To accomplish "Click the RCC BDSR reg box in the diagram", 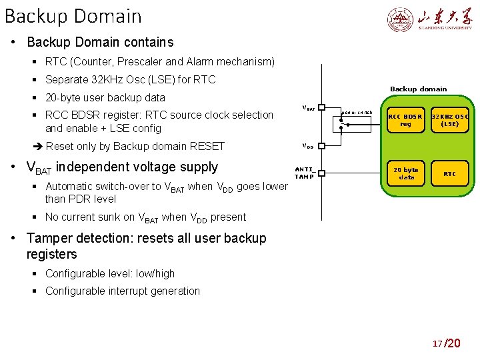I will [405, 119].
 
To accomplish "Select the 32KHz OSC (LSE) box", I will [450, 119].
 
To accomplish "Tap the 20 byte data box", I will [405, 173].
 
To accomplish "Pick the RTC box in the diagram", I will [450, 173].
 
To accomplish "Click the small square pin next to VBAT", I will [321, 107].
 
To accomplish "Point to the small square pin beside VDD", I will [321, 145].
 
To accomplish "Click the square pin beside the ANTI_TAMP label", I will [321, 173].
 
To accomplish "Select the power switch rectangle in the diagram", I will [357, 119].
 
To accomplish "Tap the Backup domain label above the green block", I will [418, 89].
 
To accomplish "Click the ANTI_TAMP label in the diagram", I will [305, 173].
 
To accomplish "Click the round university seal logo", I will [401, 20].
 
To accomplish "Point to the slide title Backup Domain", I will [73, 16].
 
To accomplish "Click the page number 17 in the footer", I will [437, 343].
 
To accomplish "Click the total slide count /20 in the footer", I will [452, 343].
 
